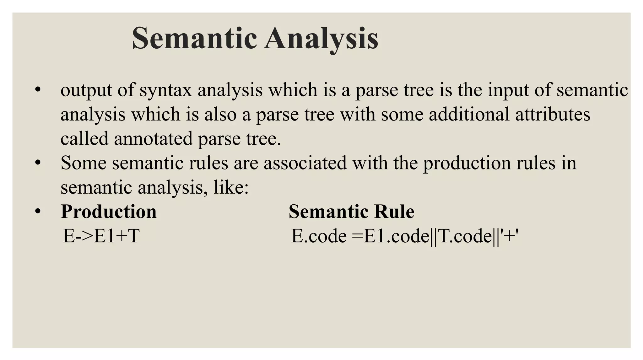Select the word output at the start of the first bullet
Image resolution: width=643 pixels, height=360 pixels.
click(x=86, y=90)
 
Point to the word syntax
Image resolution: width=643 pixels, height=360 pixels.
click(x=165, y=90)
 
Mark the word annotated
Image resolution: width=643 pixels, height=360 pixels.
click(x=153, y=138)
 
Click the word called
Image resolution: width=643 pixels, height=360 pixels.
click(x=84, y=138)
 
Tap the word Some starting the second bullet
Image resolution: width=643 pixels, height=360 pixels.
click(x=84, y=163)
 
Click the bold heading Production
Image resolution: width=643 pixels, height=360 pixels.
click(x=109, y=212)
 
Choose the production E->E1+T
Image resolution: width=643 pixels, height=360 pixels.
click(x=101, y=236)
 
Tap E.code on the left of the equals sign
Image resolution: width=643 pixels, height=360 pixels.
click(x=319, y=236)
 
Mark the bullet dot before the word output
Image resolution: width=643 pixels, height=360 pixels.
click(x=38, y=90)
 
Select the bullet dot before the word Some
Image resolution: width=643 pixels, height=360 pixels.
click(x=38, y=163)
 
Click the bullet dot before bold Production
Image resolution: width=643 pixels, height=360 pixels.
click(x=38, y=212)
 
